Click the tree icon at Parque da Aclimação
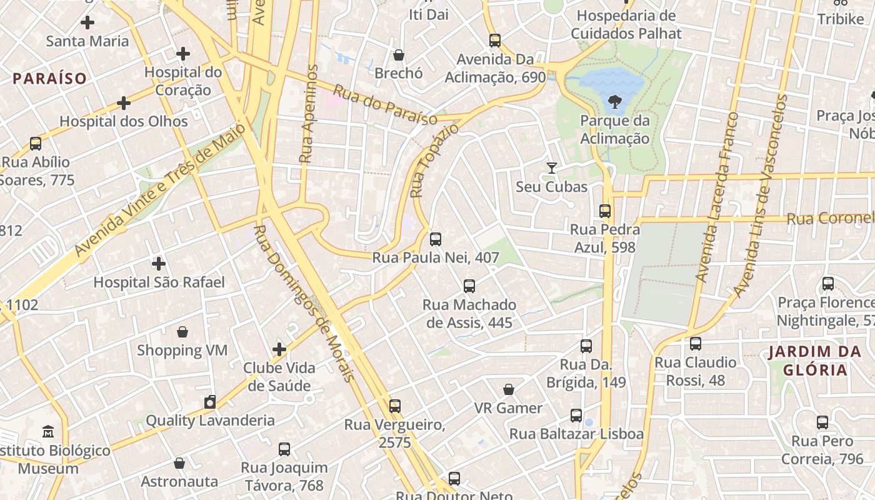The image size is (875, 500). pos(615,101)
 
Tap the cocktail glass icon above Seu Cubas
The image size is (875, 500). pos(551,167)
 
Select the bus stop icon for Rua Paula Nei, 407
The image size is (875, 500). pos(436,239)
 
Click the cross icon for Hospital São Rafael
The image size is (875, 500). pos(159,263)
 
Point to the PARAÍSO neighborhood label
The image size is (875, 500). pos(49,79)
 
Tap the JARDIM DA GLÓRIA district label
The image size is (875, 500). pos(815,361)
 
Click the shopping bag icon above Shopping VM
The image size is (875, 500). pos(182,331)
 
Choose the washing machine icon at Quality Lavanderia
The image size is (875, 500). pos(210,401)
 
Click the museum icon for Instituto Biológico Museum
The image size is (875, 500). pos(48,431)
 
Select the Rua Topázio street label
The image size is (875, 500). pos(434,161)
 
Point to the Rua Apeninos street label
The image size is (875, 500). pos(307,114)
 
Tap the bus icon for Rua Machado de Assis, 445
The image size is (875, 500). pos(469,286)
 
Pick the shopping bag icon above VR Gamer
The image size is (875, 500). pos(509,389)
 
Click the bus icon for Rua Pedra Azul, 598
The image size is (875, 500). pos(604,211)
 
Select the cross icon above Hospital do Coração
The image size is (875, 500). pos(183,54)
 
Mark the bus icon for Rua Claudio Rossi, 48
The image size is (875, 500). pos(695,343)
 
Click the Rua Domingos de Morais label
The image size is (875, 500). pos(305,303)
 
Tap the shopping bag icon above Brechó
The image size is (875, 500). pos(399,55)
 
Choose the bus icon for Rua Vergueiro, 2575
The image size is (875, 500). pos(394,406)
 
